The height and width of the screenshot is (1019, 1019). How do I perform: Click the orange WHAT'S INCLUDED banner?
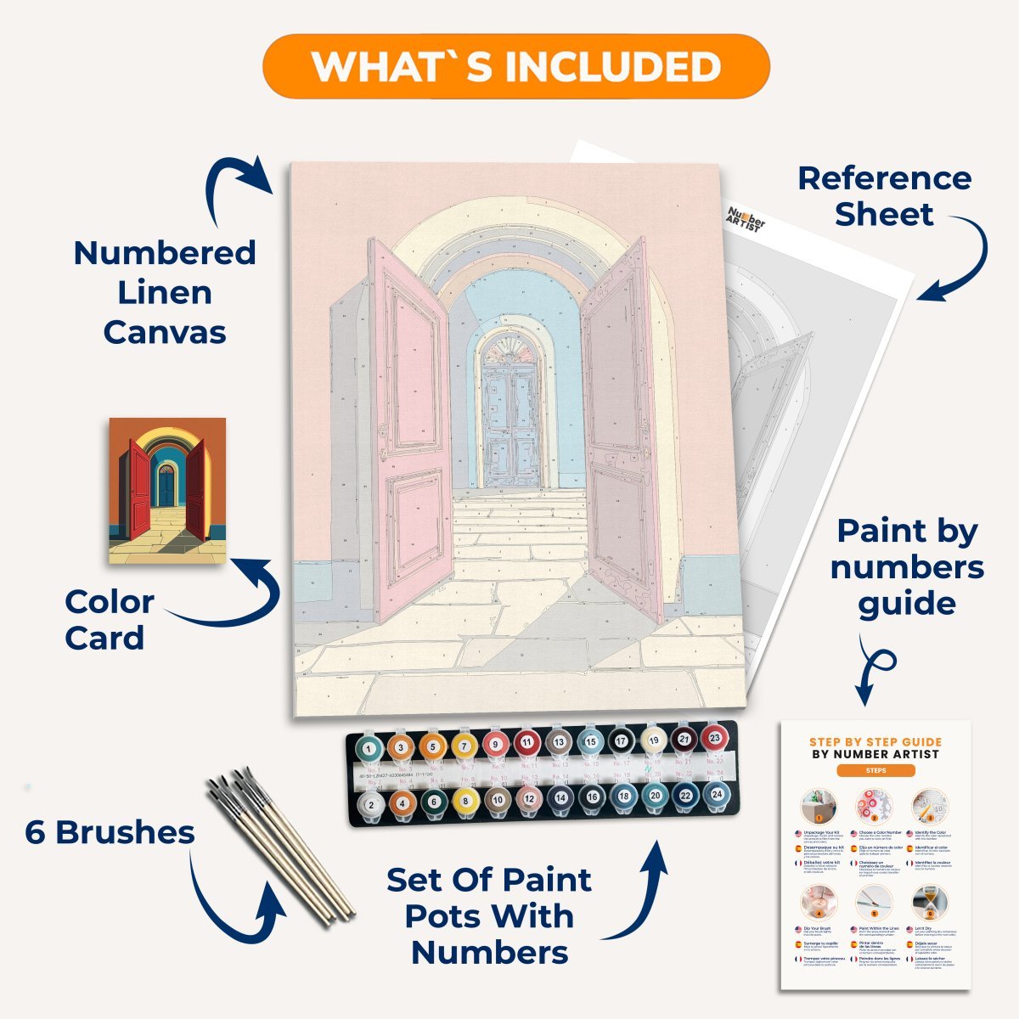click(515, 66)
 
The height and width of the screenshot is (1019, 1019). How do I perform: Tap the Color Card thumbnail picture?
click(167, 490)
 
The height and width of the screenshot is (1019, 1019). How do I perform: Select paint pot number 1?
click(369, 748)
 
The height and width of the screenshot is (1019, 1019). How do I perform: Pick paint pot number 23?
click(715, 738)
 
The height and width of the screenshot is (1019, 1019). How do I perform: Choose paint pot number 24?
click(716, 793)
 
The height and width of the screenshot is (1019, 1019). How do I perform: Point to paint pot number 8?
click(464, 799)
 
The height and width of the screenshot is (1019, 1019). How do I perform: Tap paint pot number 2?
click(370, 802)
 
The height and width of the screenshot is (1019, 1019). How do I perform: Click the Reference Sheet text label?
click(884, 196)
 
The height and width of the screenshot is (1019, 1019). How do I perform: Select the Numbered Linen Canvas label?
click(165, 292)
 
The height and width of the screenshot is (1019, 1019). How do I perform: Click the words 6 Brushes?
click(110, 832)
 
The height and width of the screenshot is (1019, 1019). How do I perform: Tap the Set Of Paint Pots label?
click(489, 916)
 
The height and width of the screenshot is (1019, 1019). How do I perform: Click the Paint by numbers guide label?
click(907, 567)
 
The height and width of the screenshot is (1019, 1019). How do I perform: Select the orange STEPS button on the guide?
click(875, 770)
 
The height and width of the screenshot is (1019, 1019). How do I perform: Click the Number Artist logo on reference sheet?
click(746, 217)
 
